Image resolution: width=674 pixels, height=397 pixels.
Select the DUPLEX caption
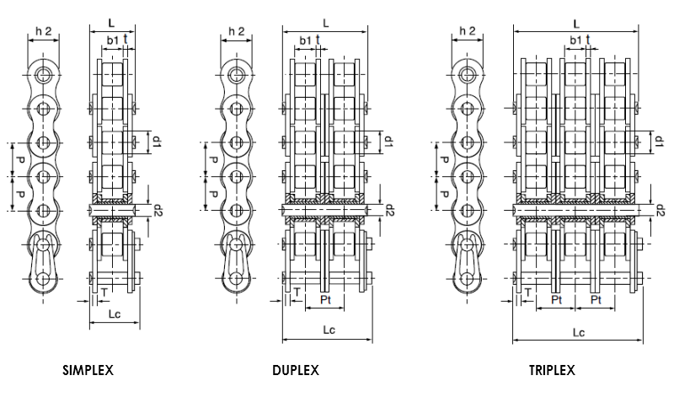(296, 370)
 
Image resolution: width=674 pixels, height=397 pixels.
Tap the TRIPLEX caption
(552, 370)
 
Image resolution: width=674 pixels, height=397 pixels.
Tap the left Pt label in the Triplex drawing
(556, 299)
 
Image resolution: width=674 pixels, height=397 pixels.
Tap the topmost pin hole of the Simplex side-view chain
(44, 74)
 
